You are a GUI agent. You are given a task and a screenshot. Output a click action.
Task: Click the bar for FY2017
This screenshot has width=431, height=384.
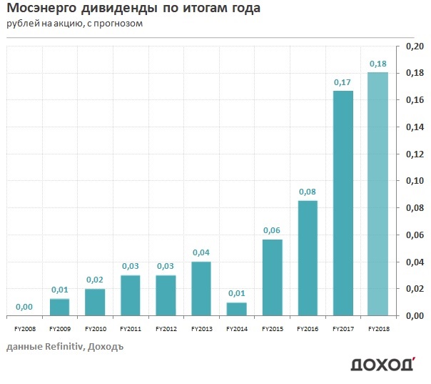[343, 203]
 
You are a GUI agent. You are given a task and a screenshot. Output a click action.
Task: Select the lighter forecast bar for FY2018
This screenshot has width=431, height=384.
[378, 194]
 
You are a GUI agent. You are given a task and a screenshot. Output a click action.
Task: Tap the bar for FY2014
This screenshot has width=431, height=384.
[237, 309]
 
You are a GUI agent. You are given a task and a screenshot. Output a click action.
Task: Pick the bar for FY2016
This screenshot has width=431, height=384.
[308, 258]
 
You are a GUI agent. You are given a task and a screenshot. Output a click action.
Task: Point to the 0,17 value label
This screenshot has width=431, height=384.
[343, 82]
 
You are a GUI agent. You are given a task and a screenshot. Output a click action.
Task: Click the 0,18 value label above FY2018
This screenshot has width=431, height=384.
[378, 64]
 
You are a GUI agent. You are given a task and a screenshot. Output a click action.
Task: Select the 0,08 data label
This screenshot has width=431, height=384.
[308, 192]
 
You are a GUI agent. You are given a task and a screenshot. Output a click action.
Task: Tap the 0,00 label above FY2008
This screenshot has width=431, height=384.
[25, 307]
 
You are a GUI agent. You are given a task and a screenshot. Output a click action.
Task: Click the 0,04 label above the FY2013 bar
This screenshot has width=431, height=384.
[201, 252]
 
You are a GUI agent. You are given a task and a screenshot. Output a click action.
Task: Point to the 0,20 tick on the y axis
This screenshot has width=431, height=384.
[415, 46]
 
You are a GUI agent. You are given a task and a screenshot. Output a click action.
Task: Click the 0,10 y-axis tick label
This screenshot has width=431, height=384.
[415, 181]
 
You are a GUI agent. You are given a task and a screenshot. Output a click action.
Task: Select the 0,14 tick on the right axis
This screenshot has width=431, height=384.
[415, 127]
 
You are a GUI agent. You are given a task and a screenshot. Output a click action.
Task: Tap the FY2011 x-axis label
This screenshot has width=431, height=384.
[131, 330]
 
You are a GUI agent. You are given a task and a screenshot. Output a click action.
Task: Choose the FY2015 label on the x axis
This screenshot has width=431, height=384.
[272, 330]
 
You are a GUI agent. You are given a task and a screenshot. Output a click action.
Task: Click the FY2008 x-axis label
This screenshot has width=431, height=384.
[25, 330]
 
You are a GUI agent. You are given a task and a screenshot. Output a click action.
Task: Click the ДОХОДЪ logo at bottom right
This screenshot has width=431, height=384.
[382, 365]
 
